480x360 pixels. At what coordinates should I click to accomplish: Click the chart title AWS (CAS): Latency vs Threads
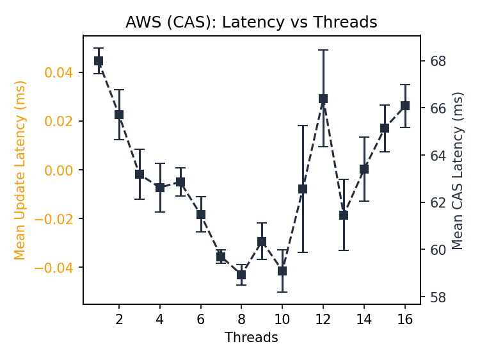pos(251,22)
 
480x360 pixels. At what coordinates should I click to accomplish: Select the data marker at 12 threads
pos(323,99)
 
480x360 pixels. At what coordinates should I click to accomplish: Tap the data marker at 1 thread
pos(99,61)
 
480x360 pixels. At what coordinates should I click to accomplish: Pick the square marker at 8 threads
pos(241,275)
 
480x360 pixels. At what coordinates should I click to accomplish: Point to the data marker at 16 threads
pos(405,106)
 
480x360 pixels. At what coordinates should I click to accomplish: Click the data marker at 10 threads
pos(282,271)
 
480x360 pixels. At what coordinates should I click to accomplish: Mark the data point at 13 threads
pos(344,215)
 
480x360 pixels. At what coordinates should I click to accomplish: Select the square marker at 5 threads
pos(180,182)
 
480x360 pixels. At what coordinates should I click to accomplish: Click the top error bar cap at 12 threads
pos(323,50)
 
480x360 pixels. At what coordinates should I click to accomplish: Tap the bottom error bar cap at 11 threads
pos(303,252)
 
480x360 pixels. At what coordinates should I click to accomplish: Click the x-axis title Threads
pos(251,338)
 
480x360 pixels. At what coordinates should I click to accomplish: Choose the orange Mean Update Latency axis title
pos(20,170)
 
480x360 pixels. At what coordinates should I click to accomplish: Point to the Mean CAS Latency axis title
pos(458,170)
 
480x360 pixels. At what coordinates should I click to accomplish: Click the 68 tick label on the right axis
pos(437,61)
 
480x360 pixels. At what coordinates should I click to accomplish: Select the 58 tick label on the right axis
pos(437,297)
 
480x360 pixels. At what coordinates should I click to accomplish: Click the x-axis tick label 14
pos(364,319)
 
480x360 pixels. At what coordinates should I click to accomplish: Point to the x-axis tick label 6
pos(201,319)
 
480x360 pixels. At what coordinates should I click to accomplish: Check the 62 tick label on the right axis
pos(437,202)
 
